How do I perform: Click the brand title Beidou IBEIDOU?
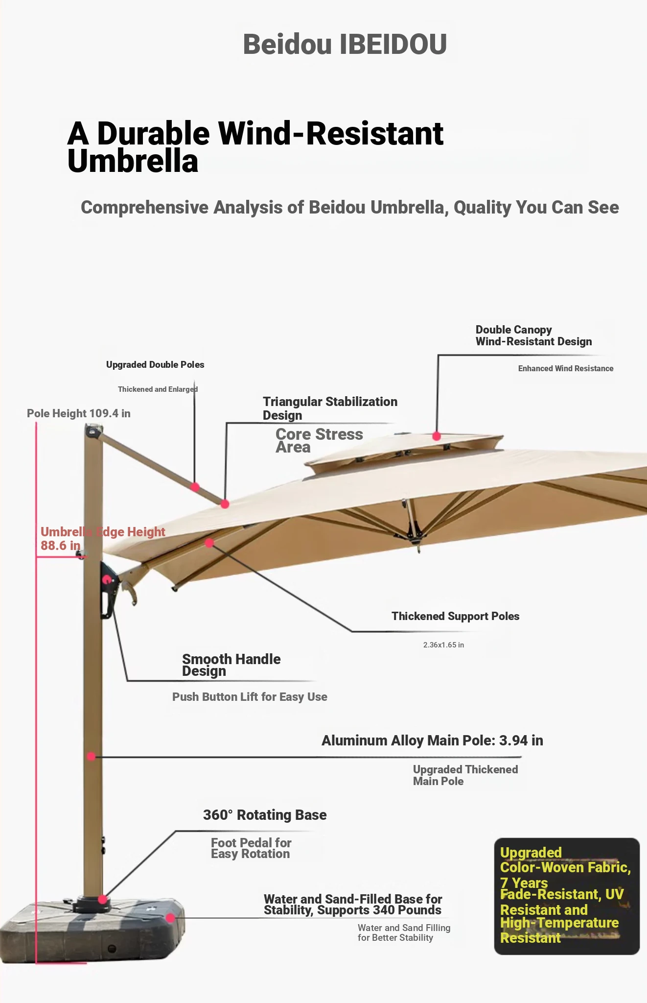click(345, 44)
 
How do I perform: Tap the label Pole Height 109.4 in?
click(79, 413)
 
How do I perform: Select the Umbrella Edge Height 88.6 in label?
click(103, 539)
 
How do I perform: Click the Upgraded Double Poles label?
click(155, 364)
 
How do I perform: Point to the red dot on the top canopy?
click(437, 436)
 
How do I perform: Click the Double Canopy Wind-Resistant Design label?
click(533, 335)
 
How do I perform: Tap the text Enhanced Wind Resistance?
click(566, 368)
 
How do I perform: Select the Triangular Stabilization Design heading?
click(330, 408)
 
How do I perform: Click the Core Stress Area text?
click(319, 441)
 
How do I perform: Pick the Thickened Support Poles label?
click(455, 616)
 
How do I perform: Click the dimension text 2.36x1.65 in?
click(443, 645)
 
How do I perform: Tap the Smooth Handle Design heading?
click(231, 665)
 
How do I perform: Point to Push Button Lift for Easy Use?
click(250, 697)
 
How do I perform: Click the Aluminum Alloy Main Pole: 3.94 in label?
click(432, 740)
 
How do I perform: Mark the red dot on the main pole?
click(91, 756)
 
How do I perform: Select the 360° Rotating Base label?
click(265, 815)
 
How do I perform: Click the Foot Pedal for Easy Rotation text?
click(251, 848)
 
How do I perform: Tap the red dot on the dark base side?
click(170, 918)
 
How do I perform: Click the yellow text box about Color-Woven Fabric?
click(567, 896)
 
